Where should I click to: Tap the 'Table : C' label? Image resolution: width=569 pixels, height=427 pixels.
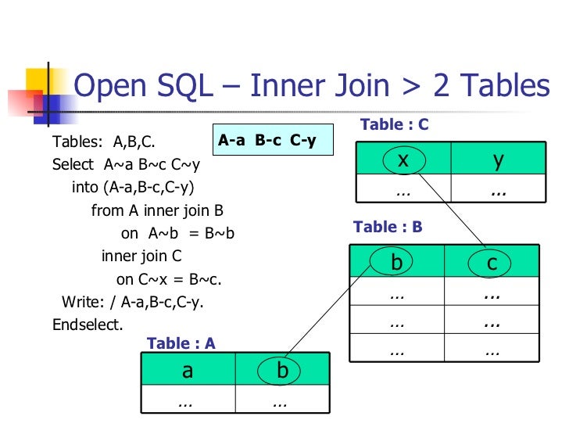394,125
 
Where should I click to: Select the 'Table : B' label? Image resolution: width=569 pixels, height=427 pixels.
388,227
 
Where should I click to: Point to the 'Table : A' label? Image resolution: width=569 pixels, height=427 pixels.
181,343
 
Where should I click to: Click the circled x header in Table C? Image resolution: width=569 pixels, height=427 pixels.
403,160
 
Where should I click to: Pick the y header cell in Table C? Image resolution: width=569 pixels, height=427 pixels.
498,160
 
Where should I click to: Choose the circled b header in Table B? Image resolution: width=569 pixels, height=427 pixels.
396,264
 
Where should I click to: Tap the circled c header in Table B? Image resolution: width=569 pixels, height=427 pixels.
492,264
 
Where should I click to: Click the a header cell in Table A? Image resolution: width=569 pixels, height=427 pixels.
188,371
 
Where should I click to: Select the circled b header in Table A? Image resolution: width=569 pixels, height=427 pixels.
282,371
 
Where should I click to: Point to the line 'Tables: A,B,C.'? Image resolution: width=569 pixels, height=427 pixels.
103,142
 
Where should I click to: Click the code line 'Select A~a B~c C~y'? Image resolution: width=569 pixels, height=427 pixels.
125,165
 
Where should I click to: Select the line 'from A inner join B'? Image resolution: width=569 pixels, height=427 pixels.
157,210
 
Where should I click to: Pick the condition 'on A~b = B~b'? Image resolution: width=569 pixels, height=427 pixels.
178,233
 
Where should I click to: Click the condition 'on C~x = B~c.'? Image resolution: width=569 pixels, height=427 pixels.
169,279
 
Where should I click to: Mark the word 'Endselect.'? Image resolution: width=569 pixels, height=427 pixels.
88,325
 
